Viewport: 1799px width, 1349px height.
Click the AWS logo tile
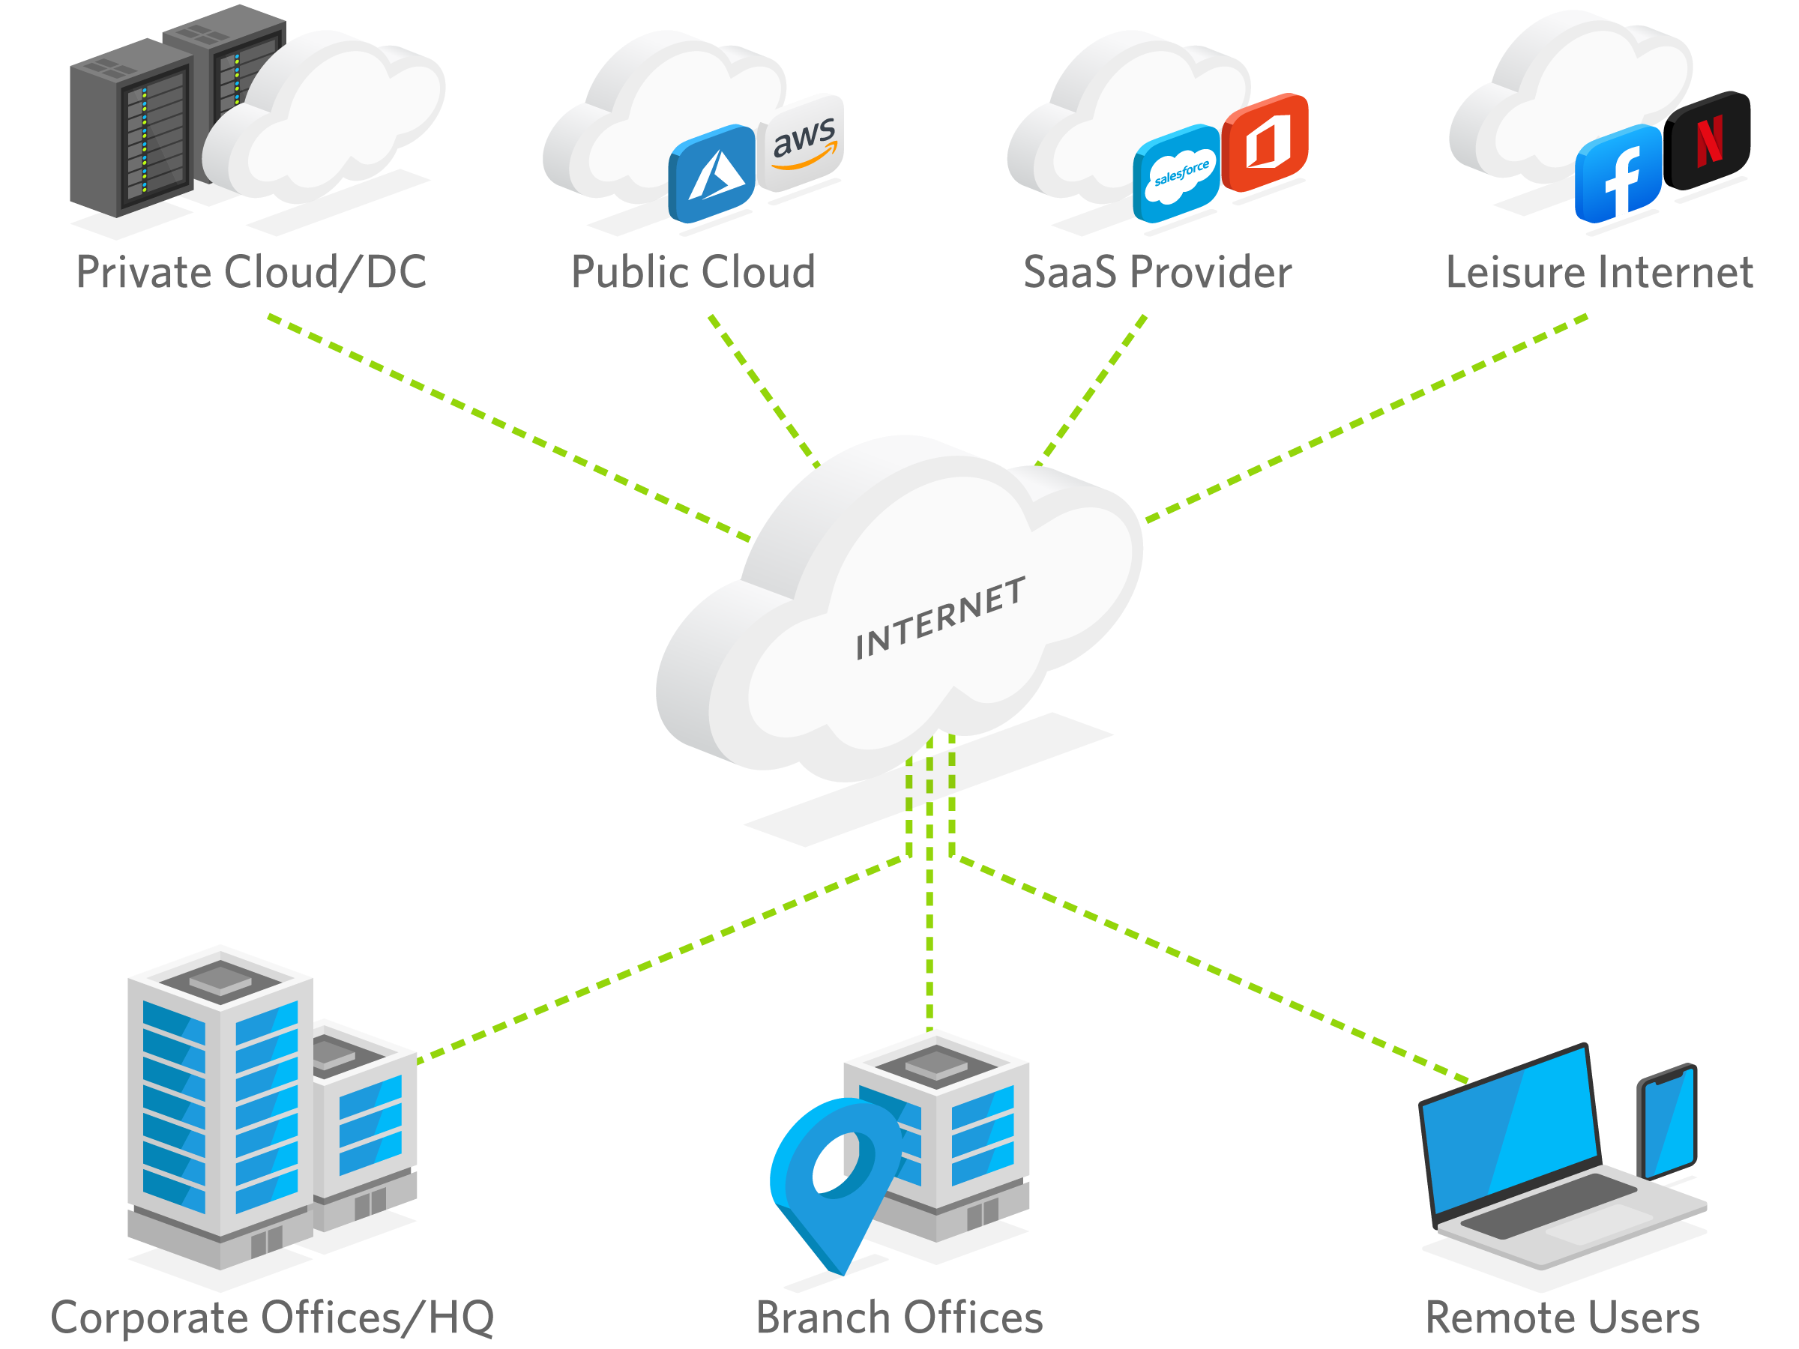(x=801, y=142)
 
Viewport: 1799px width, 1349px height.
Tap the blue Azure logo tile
(x=712, y=173)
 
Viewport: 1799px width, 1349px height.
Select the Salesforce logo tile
(x=1177, y=173)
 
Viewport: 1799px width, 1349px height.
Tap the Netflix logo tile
(x=1709, y=141)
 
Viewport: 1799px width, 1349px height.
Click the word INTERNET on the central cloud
(x=940, y=618)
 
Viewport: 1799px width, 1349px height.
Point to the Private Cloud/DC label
(x=251, y=271)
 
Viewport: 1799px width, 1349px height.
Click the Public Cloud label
(x=693, y=271)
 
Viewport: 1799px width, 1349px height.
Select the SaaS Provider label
(x=1157, y=271)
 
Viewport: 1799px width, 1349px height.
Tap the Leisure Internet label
(x=1599, y=271)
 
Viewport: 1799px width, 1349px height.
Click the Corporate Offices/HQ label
(x=271, y=1318)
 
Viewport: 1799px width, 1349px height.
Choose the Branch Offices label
(x=899, y=1318)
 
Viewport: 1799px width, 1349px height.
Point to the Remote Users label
(x=1562, y=1318)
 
